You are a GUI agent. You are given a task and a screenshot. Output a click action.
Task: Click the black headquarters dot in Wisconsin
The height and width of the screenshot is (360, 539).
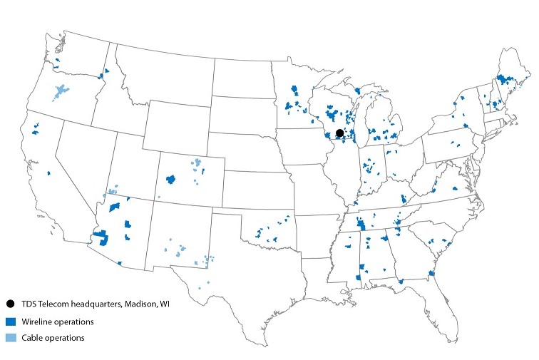340,133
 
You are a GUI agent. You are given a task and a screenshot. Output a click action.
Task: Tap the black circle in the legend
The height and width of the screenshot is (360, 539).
10,304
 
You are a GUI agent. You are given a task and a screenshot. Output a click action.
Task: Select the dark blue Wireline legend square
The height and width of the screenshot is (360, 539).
10,321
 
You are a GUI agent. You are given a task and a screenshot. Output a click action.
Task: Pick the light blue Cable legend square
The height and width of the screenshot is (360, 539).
10,337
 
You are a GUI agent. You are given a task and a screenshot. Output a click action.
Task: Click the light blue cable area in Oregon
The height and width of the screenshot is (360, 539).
61,92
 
